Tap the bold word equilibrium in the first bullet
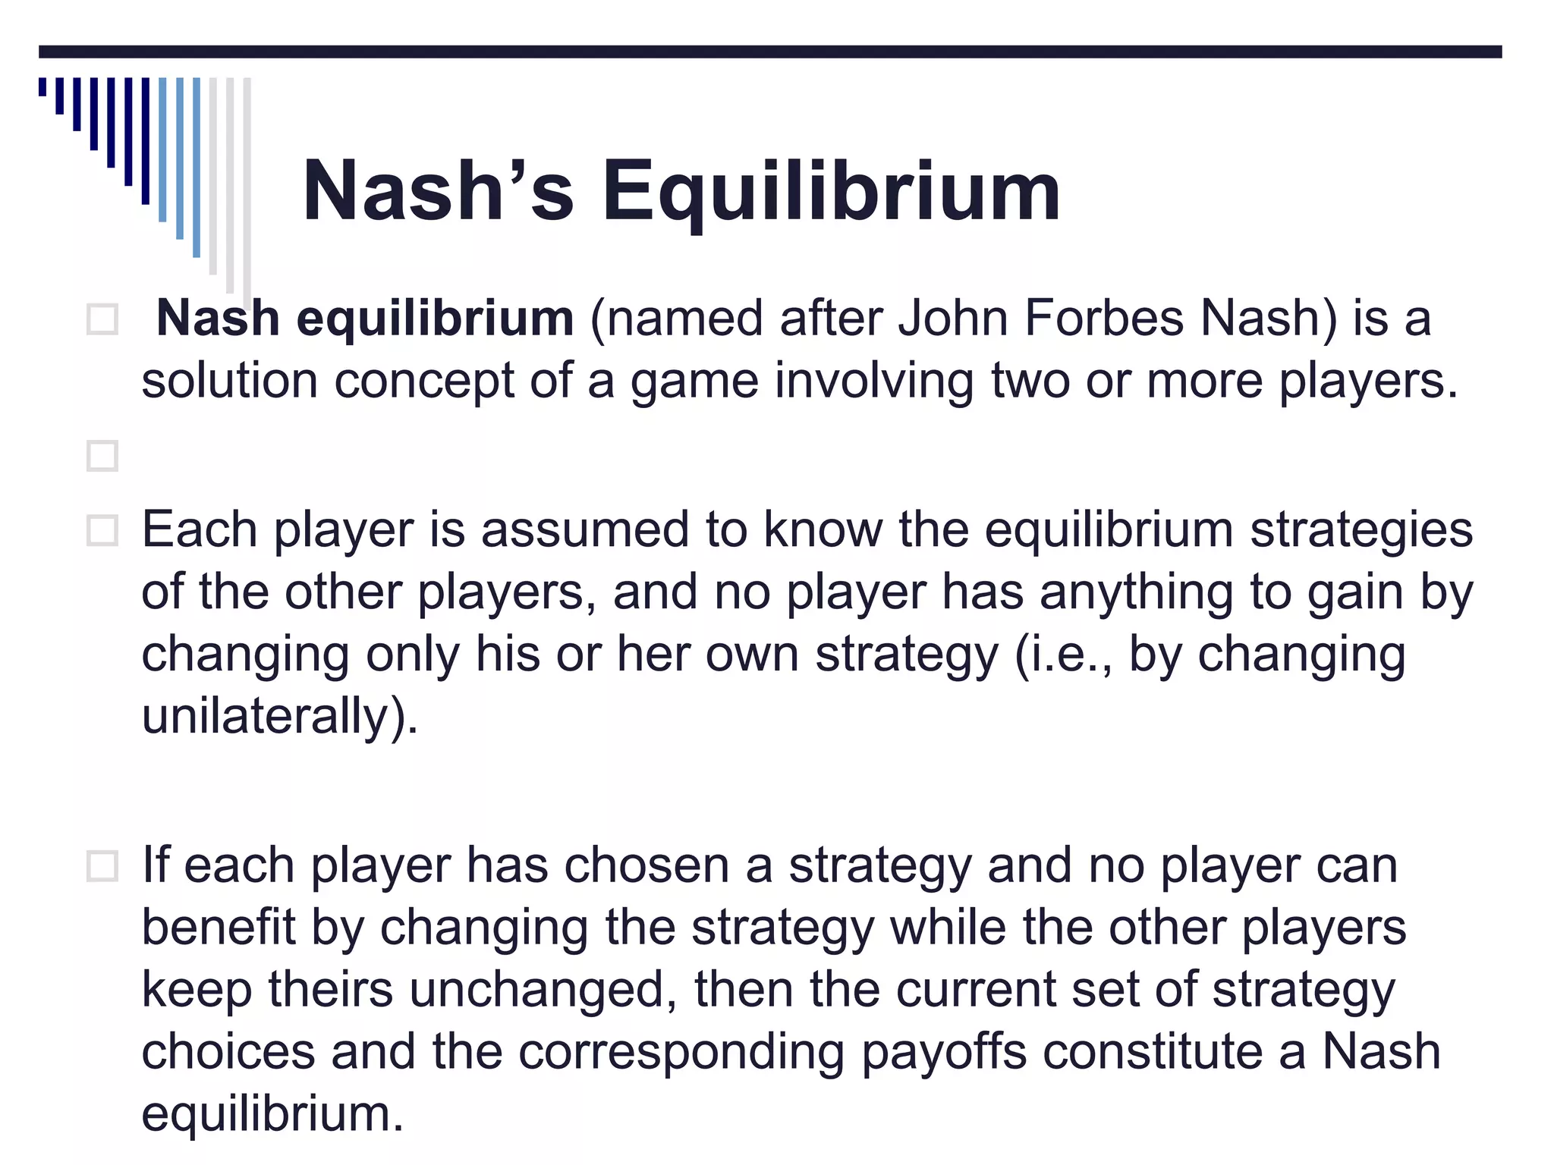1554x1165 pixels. [x=435, y=319]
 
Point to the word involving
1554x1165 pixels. [x=874, y=381]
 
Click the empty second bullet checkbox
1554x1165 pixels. [x=102, y=456]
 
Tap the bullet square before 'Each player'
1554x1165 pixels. [x=102, y=531]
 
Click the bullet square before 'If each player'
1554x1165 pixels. [x=102, y=866]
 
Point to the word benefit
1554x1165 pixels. [x=219, y=928]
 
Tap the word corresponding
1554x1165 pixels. [x=682, y=1053]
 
